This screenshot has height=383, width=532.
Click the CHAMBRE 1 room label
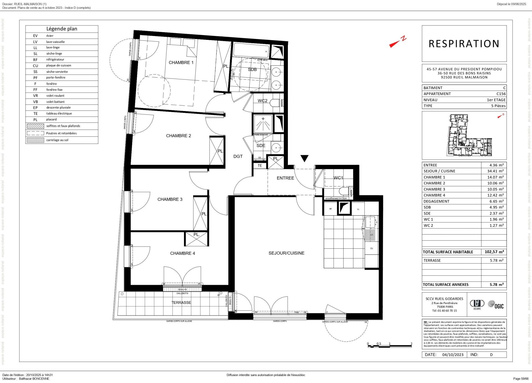(181, 63)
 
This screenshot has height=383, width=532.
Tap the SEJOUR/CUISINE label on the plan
(286, 253)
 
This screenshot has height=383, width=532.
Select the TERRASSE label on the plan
(181, 302)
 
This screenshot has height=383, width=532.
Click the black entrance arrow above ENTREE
(304, 158)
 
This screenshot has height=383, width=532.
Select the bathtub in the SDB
(251, 50)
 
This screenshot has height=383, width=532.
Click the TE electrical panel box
(260, 166)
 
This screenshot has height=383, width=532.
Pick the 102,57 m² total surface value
(494, 252)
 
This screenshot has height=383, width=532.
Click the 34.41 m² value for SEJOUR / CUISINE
(495, 171)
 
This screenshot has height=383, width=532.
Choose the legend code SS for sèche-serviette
(35, 72)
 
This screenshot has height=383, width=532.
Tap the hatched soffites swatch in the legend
(35, 126)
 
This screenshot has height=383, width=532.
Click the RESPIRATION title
(464, 44)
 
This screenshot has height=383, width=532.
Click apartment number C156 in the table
(501, 94)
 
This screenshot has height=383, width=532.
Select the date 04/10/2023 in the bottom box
(452, 354)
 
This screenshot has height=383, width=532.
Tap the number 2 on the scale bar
(411, 344)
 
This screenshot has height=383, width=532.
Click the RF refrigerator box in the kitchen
(330, 209)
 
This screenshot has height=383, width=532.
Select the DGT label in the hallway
(238, 156)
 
